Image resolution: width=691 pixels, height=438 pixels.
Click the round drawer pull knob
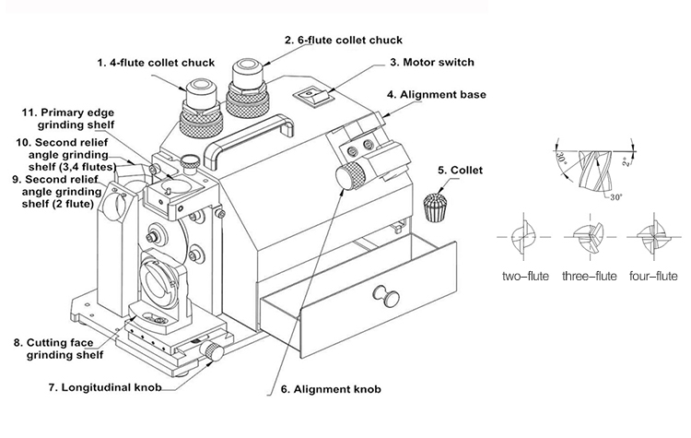click(380, 297)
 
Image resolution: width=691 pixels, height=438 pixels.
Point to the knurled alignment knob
click(350, 175)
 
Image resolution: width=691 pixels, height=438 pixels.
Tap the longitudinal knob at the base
click(214, 351)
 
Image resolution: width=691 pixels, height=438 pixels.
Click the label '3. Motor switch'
click(431, 63)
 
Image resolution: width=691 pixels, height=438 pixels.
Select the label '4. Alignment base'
click(437, 94)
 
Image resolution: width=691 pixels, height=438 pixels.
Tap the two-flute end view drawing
click(523, 237)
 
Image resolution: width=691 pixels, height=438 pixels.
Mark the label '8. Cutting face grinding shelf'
click(57, 347)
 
